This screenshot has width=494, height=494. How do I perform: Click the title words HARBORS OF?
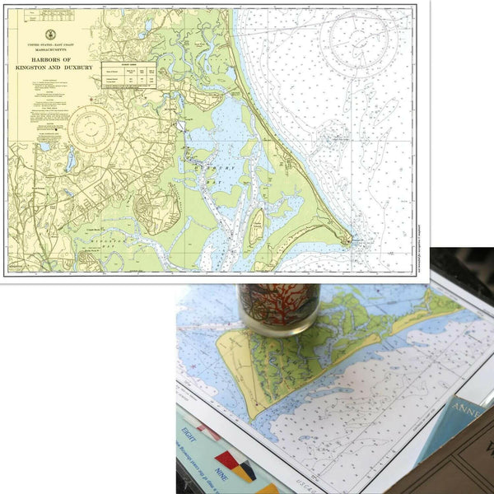click(51, 58)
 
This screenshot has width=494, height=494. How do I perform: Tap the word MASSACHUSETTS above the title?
click(52, 49)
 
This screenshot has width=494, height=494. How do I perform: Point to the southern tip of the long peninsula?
click(349, 240)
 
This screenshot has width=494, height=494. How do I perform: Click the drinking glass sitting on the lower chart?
click(277, 308)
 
